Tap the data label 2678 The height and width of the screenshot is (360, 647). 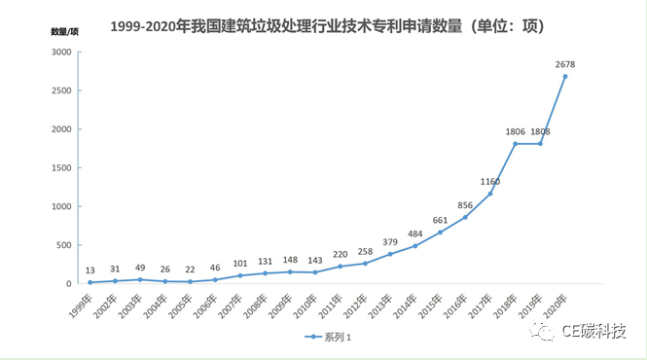(566, 64)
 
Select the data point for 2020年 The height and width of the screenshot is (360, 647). (565, 77)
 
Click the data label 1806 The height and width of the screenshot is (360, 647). (517, 131)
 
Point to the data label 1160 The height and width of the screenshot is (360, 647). (490, 181)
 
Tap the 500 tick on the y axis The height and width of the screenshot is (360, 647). (61, 245)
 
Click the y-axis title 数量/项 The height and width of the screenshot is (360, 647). (65, 31)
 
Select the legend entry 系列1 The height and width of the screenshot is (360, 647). (328, 337)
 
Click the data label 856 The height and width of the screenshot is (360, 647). (464, 204)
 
